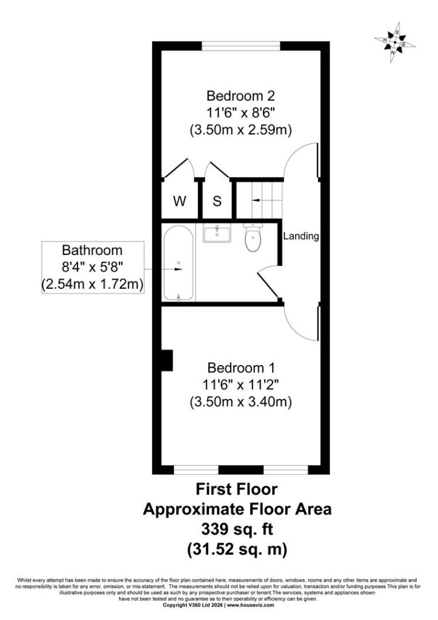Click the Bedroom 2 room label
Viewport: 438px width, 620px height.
(x=241, y=96)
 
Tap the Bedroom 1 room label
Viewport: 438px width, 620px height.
(x=241, y=368)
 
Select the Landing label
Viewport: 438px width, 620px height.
(x=301, y=236)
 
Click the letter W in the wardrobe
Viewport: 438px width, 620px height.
(x=180, y=201)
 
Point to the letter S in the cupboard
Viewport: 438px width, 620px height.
(x=217, y=201)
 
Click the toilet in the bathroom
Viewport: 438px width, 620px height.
(x=253, y=237)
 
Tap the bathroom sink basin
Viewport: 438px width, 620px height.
(x=217, y=232)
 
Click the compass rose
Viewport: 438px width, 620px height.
(x=394, y=42)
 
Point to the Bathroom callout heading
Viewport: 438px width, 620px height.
(x=93, y=250)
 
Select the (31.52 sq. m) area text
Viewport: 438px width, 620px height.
(x=237, y=549)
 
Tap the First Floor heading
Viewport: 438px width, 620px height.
(x=237, y=489)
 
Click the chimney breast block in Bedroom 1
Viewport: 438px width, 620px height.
(x=167, y=360)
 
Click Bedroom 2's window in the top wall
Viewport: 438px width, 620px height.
(x=241, y=46)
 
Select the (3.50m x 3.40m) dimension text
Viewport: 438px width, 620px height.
(x=241, y=402)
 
